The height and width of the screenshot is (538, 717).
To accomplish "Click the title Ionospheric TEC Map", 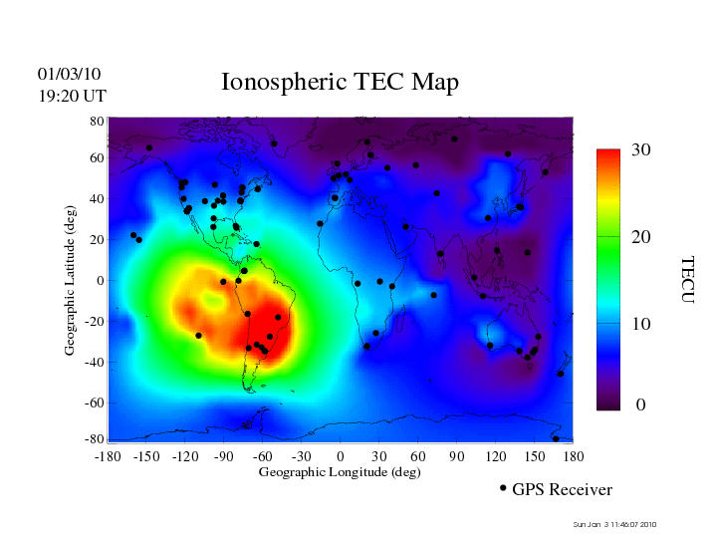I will [x=340, y=83].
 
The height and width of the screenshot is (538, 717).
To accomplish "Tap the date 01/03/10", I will [x=69, y=74].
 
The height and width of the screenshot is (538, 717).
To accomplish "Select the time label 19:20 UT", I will [x=72, y=96].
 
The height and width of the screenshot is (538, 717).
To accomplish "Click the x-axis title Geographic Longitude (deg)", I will [x=340, y=472].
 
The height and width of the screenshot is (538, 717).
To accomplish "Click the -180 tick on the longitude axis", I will [x=108, y=456].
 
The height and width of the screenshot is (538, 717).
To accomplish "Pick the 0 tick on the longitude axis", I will [x=341, y=456].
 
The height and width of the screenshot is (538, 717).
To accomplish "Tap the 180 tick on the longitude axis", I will [x=573, y=456].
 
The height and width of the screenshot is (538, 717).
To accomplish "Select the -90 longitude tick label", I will [x=224, y=456].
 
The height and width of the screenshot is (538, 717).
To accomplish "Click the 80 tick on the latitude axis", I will [x=97, y=121].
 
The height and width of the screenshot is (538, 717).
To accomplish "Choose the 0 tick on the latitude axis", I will [x=100, y=281].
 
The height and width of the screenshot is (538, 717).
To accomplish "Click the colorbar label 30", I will [x=641, y=150].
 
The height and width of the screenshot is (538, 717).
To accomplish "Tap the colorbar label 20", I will [x=641, y=239].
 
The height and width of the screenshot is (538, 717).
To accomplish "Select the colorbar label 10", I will [x=641, y=325].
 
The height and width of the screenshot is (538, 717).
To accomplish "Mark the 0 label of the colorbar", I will [x=641, y=405].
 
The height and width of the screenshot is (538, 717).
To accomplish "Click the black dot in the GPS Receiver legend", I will [x=503, y=488].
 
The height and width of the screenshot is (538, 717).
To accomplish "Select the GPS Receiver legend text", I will [x=562, y=490].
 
